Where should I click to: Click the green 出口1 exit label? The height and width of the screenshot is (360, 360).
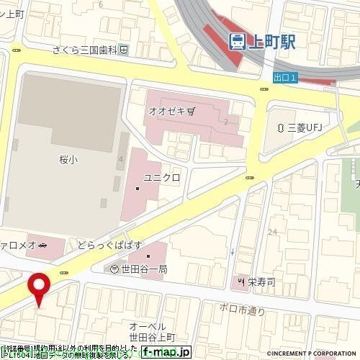point(285,78)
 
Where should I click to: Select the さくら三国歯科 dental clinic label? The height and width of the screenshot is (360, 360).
point(86,50)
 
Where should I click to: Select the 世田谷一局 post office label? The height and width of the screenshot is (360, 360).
point(144,269)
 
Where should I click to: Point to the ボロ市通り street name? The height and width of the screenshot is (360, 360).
point(243,310)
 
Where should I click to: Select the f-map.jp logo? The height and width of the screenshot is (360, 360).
point(166,352)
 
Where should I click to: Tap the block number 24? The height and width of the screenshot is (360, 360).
point(272,231)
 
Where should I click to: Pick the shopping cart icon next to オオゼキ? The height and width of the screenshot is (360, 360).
point(191,112)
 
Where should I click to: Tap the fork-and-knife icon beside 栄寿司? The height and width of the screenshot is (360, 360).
point(242,281)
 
